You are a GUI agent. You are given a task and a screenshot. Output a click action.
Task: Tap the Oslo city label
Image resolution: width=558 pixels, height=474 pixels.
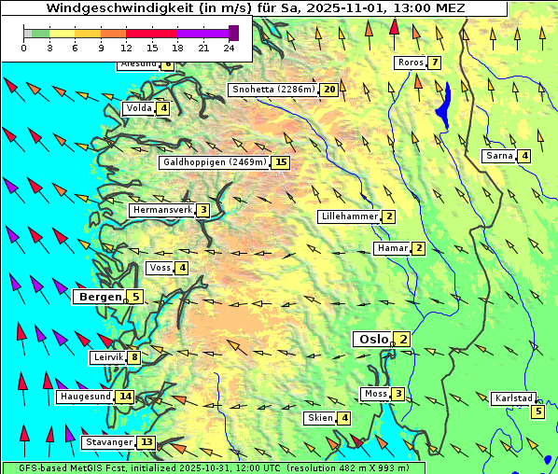click(x=371, y=340)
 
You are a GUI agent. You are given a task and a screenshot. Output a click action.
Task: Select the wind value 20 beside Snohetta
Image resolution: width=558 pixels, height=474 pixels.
click(x=329, y=90)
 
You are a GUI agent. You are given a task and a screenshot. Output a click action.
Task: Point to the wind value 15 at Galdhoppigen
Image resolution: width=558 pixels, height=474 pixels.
click(x=280, y=162)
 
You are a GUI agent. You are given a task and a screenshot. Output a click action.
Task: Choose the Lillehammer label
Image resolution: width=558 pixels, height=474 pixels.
click(x=349, y=216)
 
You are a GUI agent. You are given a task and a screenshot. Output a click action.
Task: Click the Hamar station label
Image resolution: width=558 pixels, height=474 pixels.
click(x=391, y=248)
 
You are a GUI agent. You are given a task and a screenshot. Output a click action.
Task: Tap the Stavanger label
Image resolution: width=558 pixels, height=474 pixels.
click(x=108, y=442)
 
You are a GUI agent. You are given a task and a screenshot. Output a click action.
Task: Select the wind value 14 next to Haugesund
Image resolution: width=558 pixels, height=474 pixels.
click(x=125, y=397)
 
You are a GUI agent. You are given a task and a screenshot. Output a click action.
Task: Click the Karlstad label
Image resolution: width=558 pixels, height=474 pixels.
click(x=513, y=398)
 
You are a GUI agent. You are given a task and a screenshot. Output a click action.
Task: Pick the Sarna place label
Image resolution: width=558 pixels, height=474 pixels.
click(x=498, y=156)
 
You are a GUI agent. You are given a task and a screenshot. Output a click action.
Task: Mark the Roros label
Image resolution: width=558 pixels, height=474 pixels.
click(x=410, y=63)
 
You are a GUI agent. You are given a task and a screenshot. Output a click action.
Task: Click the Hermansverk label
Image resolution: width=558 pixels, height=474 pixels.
click(x=161, y=210)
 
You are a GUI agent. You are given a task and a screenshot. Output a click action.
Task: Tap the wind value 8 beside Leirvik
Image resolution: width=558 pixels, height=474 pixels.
click(x=134, y=357)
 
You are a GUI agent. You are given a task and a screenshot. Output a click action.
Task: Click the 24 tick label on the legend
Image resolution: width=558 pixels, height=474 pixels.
click(x=230, y=48)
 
